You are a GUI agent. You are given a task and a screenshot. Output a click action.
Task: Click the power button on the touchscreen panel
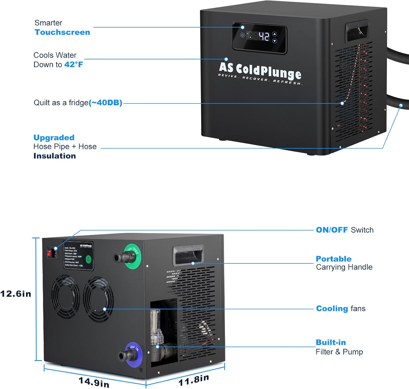242,35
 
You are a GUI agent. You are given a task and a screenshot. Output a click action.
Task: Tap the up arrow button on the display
275,34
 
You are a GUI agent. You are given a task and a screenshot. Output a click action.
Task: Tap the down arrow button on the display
275,41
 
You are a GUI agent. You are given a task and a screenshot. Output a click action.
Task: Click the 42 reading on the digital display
264,36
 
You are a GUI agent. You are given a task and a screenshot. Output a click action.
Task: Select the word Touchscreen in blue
62,32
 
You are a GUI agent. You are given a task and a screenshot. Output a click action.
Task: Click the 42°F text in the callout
74,65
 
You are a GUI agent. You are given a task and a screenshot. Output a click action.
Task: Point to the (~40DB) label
106,103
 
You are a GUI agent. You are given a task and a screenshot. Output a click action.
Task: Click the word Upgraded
54,137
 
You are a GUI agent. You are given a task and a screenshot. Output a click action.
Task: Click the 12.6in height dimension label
16,294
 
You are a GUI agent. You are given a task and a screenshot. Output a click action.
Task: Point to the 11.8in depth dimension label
194,380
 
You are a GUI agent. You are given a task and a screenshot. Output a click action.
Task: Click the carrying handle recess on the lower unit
188,255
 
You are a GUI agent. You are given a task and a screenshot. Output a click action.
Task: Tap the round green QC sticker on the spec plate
88,259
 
